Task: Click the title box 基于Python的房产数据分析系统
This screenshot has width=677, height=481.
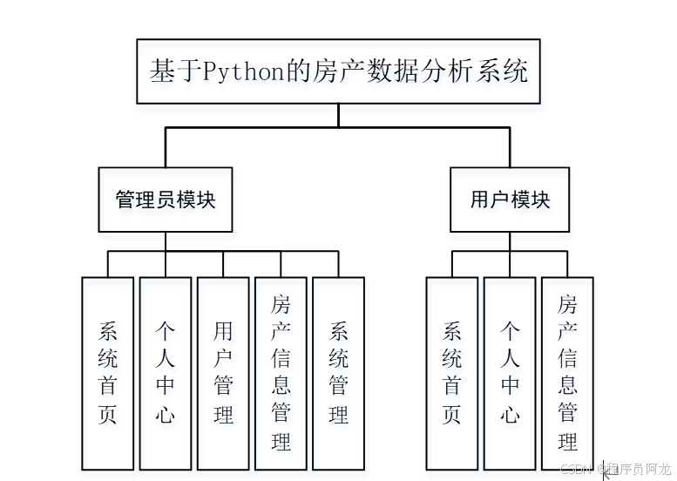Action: point(338,71)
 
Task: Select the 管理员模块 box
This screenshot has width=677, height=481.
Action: point(166,200)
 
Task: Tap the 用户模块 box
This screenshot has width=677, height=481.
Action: point(510,200)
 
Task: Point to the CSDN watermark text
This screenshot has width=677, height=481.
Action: point(573,470)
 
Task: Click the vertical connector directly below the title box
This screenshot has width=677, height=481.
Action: point(339,115)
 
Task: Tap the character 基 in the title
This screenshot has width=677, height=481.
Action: point(162,71)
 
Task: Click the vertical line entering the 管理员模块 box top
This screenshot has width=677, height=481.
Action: point(166,147)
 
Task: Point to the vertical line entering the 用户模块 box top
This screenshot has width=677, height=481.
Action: point(510,147)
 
